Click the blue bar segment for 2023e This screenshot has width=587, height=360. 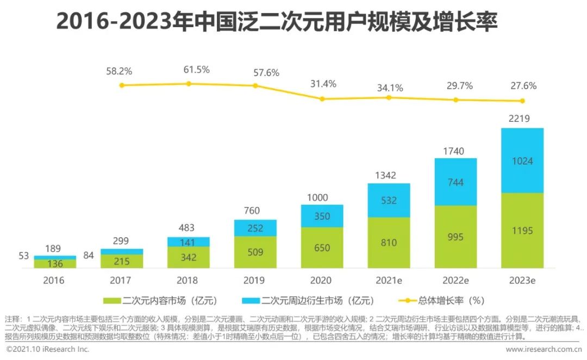pos(522,160)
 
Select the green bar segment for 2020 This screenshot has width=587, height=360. pos(322,247)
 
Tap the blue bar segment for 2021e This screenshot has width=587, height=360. pos(389,200)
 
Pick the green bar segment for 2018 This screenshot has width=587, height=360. pos(189,257)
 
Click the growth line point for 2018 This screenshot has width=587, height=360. pos(189,84)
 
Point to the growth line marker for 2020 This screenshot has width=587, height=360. pos(322,99)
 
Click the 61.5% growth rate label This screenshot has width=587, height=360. pos(196,70)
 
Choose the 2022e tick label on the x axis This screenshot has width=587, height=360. pos(455,281)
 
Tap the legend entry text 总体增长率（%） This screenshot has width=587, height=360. pos(452,300)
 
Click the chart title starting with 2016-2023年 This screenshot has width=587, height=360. pos(277,22)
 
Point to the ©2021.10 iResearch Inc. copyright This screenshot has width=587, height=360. pos(47,349)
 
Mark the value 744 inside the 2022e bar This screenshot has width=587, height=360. pos(455,182)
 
